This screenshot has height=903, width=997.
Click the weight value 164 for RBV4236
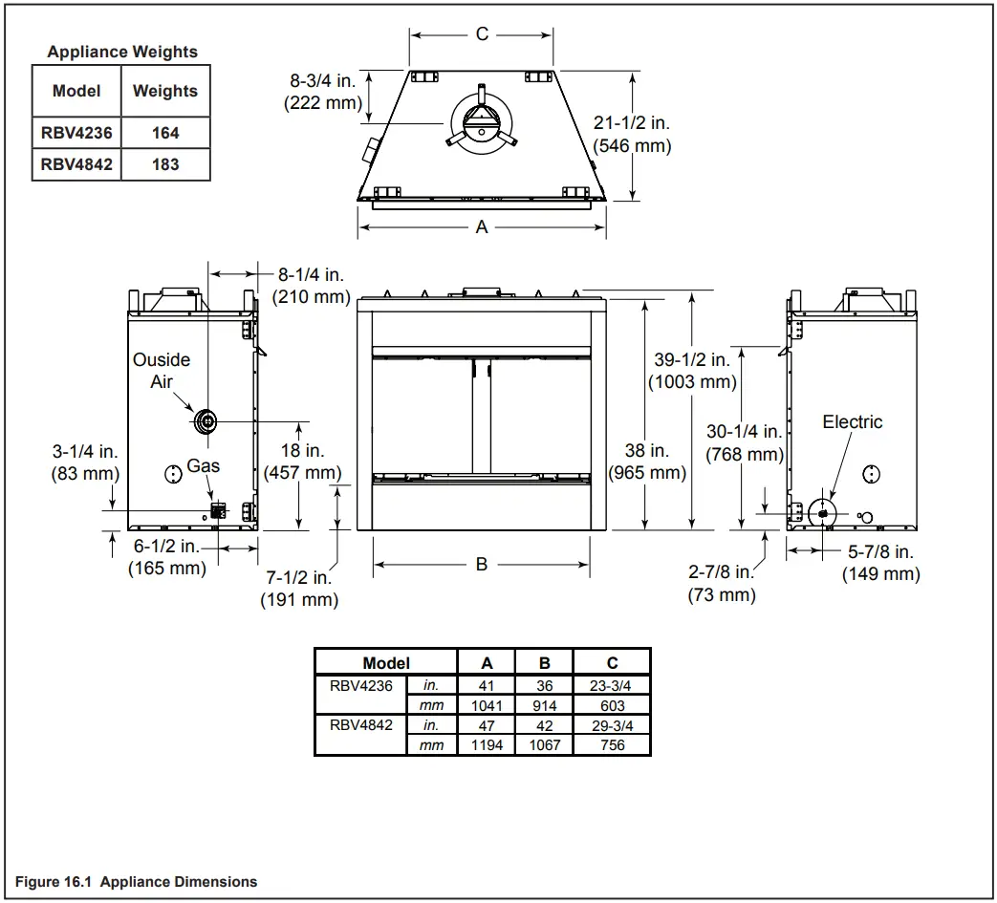165,134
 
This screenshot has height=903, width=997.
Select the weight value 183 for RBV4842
165,164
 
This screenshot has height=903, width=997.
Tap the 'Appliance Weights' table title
122,52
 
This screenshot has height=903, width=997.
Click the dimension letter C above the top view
482,34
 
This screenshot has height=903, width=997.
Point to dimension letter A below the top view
482,226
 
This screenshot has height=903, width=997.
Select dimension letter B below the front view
482,564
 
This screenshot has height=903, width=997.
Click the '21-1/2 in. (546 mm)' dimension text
632,135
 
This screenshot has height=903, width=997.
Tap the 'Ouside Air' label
161,371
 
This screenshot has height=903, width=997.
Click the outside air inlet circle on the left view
206,420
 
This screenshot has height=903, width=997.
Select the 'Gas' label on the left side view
204,465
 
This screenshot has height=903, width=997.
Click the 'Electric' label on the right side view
852,421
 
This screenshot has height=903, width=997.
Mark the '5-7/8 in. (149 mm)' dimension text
880,563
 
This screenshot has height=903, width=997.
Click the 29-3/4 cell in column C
612,725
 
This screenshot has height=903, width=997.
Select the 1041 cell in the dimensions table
487,705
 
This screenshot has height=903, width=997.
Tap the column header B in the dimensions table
544,662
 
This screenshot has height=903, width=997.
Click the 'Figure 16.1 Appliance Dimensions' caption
137,881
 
